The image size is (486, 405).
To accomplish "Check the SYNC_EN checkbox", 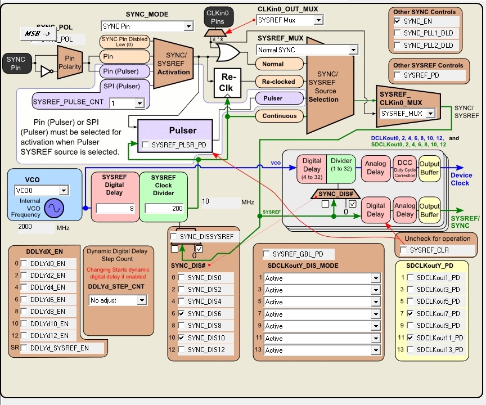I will tap(398, 21).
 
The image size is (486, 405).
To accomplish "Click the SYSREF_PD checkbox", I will tap(398, 75).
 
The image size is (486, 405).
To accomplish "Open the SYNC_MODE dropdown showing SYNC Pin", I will tap(147, 26).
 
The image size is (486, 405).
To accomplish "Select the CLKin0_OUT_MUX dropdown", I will tap(290, 20).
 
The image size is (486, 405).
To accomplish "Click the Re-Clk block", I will tap(226, 83).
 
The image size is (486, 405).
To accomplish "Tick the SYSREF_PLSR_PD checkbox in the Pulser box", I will tap(146, 145).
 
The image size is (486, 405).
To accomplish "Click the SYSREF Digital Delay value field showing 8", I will tap(115, 208).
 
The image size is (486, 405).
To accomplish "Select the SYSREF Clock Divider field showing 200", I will tap(164, 208).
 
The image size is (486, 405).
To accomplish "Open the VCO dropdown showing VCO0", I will tap(41, 190).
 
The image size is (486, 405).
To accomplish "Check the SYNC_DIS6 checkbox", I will tap(182, 314).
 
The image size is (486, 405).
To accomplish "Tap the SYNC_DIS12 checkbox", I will tap(182, 350).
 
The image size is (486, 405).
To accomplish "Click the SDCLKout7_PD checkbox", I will tap(410, 313).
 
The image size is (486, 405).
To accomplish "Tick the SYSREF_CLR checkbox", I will tap(403, 250).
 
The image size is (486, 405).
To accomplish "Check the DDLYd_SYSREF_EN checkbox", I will tap(24, 348).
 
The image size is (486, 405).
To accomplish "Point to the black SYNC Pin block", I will tap(16, 64).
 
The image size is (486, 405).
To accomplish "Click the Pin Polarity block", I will tap(70, 62).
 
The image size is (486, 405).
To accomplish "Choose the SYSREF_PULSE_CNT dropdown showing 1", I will tap(127, 103).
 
